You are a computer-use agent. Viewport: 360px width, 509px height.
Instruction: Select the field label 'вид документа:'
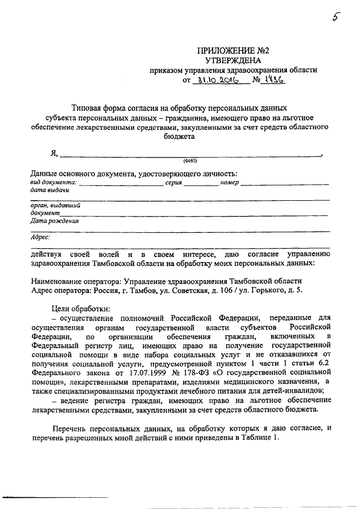pos(53,183)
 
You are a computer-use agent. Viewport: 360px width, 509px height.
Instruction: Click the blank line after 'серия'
pos(200,184)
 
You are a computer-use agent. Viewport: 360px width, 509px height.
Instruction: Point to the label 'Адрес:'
pos(40,237)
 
